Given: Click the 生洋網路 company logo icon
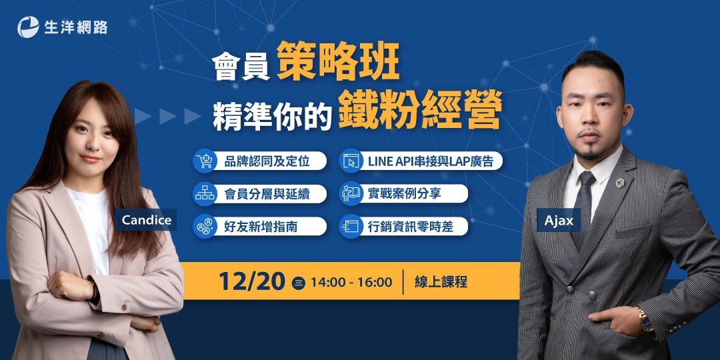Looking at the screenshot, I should [28, 27].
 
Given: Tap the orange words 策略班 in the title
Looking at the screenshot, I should [337, 62].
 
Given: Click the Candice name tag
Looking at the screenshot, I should [147, 219].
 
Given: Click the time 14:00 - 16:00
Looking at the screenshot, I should [351, 282].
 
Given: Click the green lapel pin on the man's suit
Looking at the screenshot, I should [621, 180].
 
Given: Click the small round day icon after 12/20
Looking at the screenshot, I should [299, 283].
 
